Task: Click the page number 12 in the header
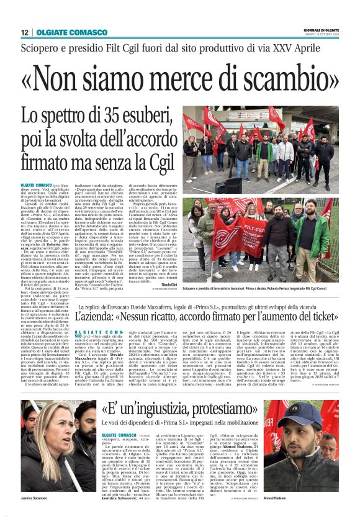24,32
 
